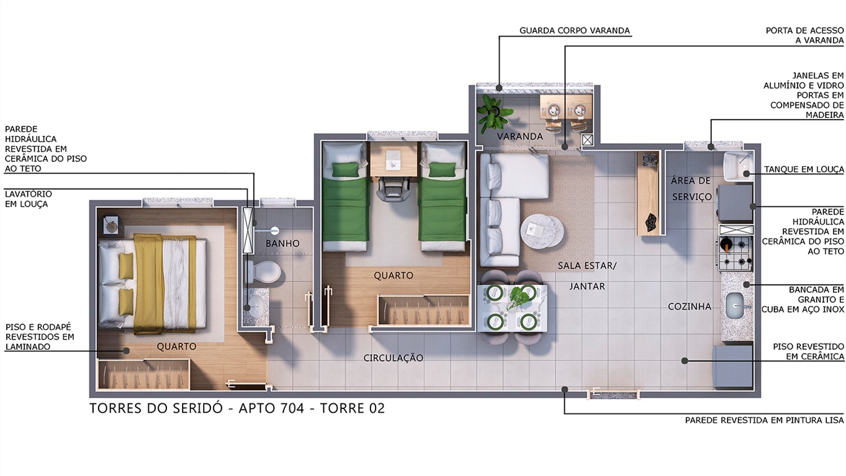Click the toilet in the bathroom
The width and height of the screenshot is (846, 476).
[x=264, y=271]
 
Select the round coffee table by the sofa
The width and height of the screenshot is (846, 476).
[x=542, y=231]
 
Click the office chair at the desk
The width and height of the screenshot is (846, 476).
[x=394, y=189]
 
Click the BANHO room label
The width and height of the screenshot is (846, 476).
[x=282, y=243]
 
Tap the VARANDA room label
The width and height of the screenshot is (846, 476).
[x=520, y=137]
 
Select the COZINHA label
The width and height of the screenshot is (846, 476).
[x=690, y=307]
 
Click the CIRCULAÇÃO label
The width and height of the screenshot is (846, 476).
[x=393, y=358]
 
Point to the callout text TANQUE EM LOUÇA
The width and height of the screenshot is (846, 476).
[x=804, y=169]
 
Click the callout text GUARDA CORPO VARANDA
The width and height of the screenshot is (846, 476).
[x=575, y=30]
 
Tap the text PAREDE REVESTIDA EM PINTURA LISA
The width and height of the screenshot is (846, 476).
[x=765, y=420]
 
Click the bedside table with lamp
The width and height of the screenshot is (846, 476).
[x=111, y=226]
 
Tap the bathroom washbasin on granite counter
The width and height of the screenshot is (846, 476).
[x=254, y=304]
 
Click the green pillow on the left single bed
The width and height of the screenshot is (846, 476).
[x=345, y=170]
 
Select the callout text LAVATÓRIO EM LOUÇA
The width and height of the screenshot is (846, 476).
[x=29, y=199]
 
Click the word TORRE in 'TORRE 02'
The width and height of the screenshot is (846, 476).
[x=343, y=408]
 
